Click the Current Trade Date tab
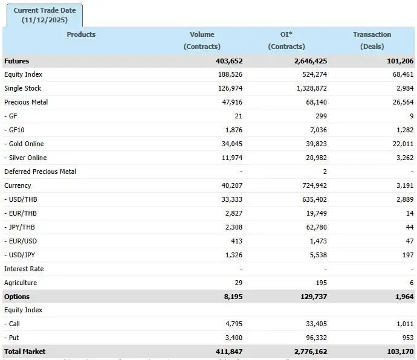(44, 15)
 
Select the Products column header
(81, 34)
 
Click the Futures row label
(17, 61)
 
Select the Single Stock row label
(22, 88)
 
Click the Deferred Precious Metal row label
(40, 172)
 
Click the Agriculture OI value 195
(320, 283)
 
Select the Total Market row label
(25, 352)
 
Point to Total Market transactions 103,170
(399, 352)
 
